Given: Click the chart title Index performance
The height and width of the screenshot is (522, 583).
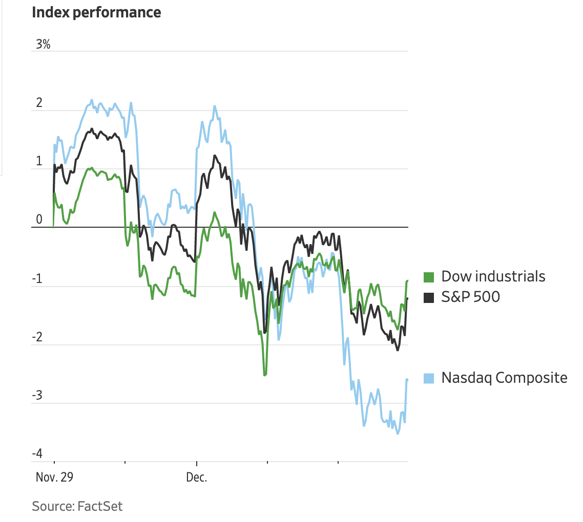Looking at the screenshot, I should click(96, 12).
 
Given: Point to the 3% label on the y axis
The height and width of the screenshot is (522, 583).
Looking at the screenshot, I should click(43, 45).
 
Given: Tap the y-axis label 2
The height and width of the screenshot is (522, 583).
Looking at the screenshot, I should click(39, 103).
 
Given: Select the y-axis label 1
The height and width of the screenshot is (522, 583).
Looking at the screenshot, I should click(39, 162).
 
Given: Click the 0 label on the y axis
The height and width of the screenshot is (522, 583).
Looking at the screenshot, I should click(39, 221).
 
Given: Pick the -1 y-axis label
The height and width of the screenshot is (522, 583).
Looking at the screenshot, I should click(38, 279).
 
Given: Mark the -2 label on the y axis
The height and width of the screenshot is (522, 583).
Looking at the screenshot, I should click(38, 338).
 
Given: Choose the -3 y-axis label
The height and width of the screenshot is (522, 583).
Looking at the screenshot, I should click(38, 397).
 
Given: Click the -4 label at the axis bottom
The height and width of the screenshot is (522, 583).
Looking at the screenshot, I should click(38, 454).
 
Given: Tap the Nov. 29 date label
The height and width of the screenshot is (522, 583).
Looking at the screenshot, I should click(55, 477).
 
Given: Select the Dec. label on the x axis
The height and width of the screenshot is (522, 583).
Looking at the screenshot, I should click(197, 477).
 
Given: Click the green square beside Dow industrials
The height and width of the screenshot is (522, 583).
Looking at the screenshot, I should click(429, 277).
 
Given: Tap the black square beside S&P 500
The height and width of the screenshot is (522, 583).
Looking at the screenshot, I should click(429, 297).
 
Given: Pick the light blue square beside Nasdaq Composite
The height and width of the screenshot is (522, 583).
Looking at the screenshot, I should click(429, 378).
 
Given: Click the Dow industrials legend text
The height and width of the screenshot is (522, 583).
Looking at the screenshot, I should click(493, 277).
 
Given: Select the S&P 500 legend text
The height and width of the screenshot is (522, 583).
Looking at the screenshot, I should click(470, 297).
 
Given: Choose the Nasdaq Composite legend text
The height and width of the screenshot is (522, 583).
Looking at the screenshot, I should click(504, 378).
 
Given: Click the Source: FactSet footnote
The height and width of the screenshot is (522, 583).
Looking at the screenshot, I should click(77, 507).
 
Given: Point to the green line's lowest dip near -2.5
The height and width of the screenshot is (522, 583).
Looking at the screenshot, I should click(264, 375).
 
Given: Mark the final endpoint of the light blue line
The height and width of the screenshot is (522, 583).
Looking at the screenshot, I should click(407, 380).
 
